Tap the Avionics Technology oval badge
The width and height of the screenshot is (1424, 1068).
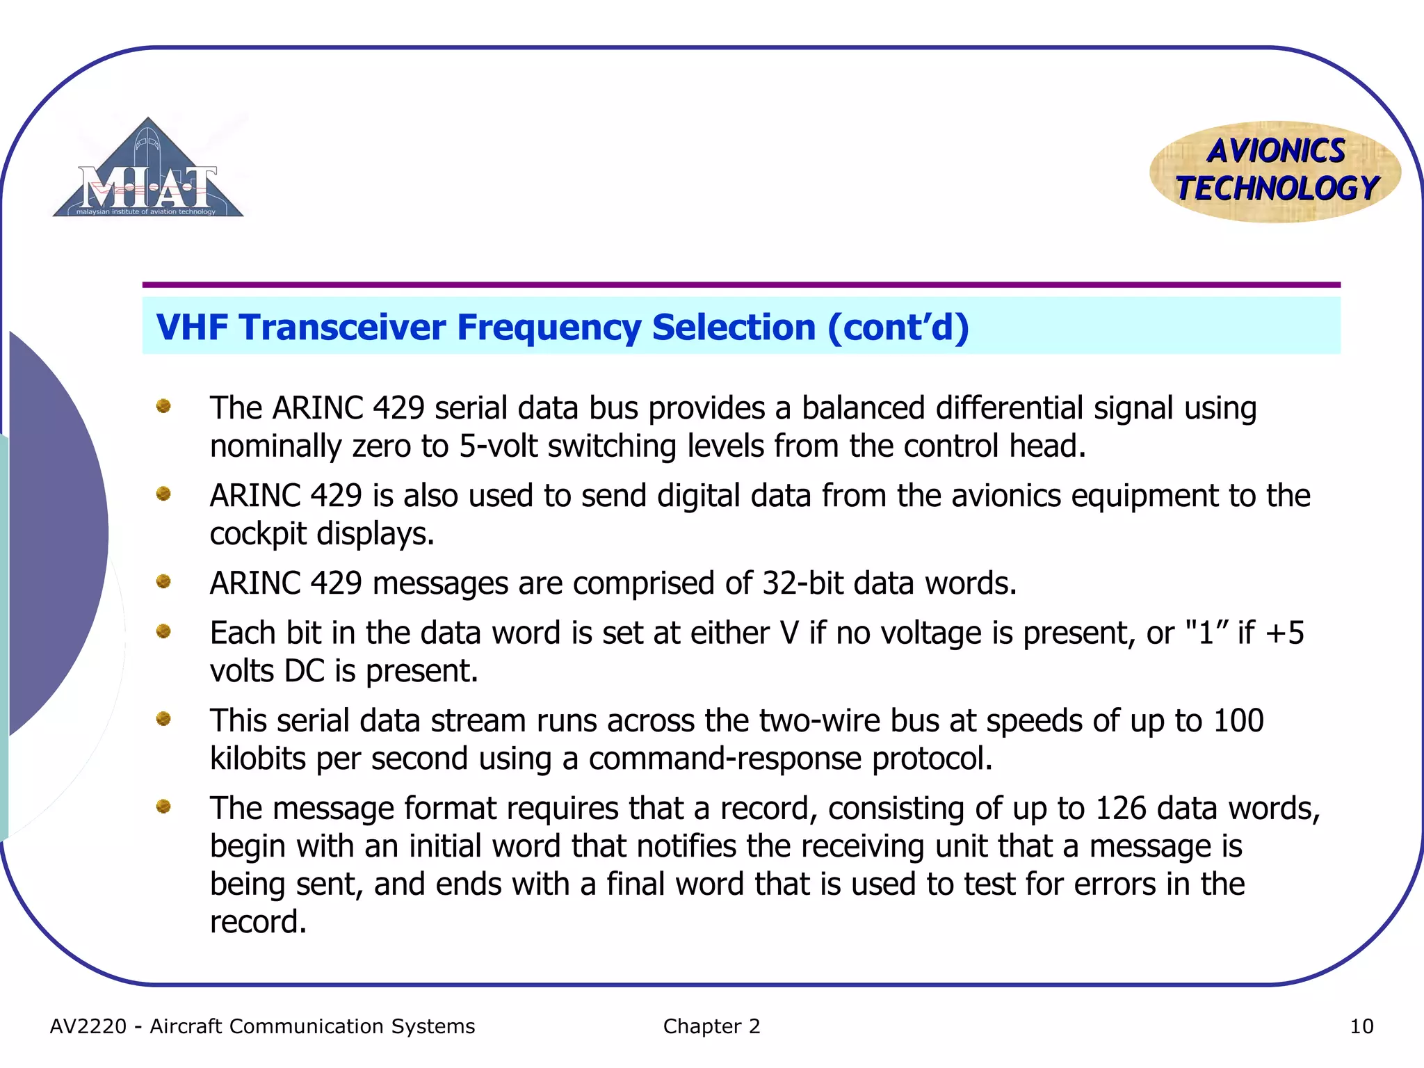tap(1275, 171)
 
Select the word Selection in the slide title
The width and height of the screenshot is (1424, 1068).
tap(734, 327)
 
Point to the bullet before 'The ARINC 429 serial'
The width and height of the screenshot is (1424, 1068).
tap(163, 406)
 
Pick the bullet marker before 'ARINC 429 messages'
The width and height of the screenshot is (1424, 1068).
tap(163, 581)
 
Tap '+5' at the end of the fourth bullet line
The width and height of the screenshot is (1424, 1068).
tap(1284, 633)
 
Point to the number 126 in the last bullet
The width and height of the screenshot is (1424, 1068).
tap(1120, 809)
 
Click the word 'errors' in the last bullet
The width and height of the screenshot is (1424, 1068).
tap(1115, 884)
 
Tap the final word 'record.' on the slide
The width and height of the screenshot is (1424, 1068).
tap(258, 923)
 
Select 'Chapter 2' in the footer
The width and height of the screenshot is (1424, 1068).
tap(711, 1026)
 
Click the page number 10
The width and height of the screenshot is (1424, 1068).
tap(1361, 1026)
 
